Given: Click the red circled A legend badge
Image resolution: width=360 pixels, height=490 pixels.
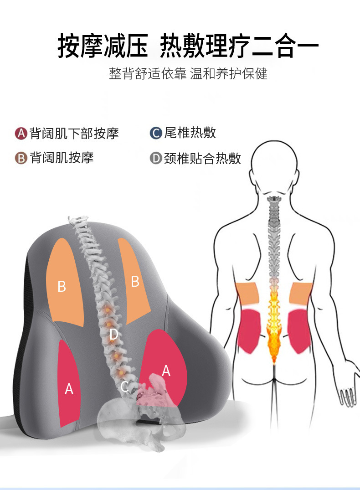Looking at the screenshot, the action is click(x=21, y=134).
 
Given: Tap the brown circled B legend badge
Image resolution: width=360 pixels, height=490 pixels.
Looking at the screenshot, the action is click(x=21, y=158).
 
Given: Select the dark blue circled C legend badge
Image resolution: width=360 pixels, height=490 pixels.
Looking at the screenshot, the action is click(x=156, y=133).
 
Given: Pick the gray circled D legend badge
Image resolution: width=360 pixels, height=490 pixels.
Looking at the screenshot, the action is click(x=156, y=159).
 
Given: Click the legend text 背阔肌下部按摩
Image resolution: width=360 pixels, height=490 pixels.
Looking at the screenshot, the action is click(x=74, y=134).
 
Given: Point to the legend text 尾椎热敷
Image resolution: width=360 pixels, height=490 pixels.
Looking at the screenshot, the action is click(x=190, y=133).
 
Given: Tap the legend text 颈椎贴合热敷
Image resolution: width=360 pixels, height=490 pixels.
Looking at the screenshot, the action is click(x=202, y=159).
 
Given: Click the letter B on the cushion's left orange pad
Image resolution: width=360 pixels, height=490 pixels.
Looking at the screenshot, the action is click(x=62, y=287).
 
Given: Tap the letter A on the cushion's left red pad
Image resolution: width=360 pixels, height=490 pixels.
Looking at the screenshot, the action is click(x=69, y=389).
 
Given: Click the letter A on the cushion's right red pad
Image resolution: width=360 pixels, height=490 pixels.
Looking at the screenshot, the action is click(x=166, y=371).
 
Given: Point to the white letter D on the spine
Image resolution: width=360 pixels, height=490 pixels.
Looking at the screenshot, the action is click(x=114, y=335).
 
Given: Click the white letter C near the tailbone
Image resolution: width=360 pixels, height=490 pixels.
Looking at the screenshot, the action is click(x=124, y=387).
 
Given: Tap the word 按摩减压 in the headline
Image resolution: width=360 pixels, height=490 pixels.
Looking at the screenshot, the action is click(x=103, y=46).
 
